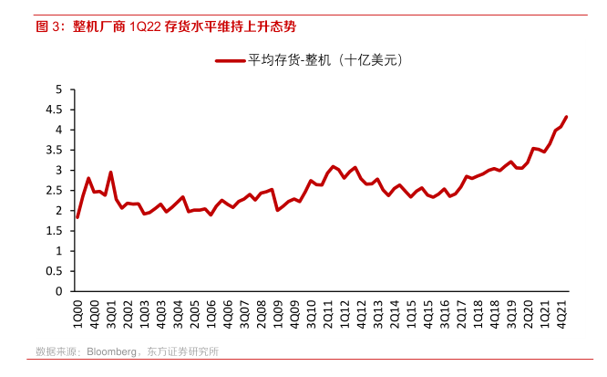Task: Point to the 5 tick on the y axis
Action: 59,89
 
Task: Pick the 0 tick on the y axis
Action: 59,290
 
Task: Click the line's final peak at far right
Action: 567,117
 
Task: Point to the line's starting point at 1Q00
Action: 77,217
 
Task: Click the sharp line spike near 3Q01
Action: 111,172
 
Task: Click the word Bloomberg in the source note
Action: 111,351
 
